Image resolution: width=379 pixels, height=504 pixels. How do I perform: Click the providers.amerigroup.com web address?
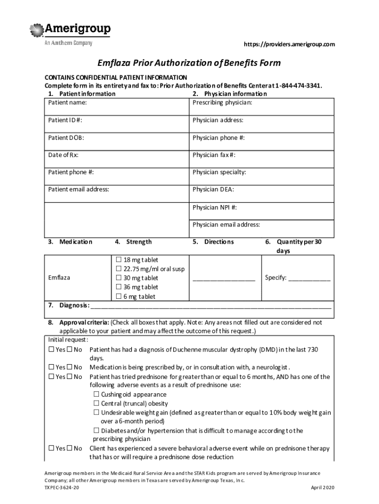pos(289,44)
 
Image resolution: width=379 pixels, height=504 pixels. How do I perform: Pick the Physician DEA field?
pos(261,189)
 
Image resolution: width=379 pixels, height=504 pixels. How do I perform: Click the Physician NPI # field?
pos(261,207)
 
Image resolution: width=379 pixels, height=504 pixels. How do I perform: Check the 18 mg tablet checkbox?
pos(119,260)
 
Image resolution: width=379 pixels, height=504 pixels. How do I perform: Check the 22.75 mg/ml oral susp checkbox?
pos(119,269)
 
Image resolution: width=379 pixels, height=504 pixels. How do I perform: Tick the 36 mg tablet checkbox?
pos(119,287)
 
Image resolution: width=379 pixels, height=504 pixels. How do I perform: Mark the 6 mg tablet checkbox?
pos(119,296)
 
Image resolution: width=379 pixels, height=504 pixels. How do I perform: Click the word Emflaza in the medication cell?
pos(59,278)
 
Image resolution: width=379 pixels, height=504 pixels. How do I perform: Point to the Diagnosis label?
pos(74,305)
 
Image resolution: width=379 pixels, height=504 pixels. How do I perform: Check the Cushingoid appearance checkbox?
pos(96,395)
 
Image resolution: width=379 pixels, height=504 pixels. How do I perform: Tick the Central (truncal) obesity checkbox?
pos(96,404)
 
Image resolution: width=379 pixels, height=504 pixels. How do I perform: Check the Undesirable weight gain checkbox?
pos(96,412)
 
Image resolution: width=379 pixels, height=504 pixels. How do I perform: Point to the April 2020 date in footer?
pos(323,487)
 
